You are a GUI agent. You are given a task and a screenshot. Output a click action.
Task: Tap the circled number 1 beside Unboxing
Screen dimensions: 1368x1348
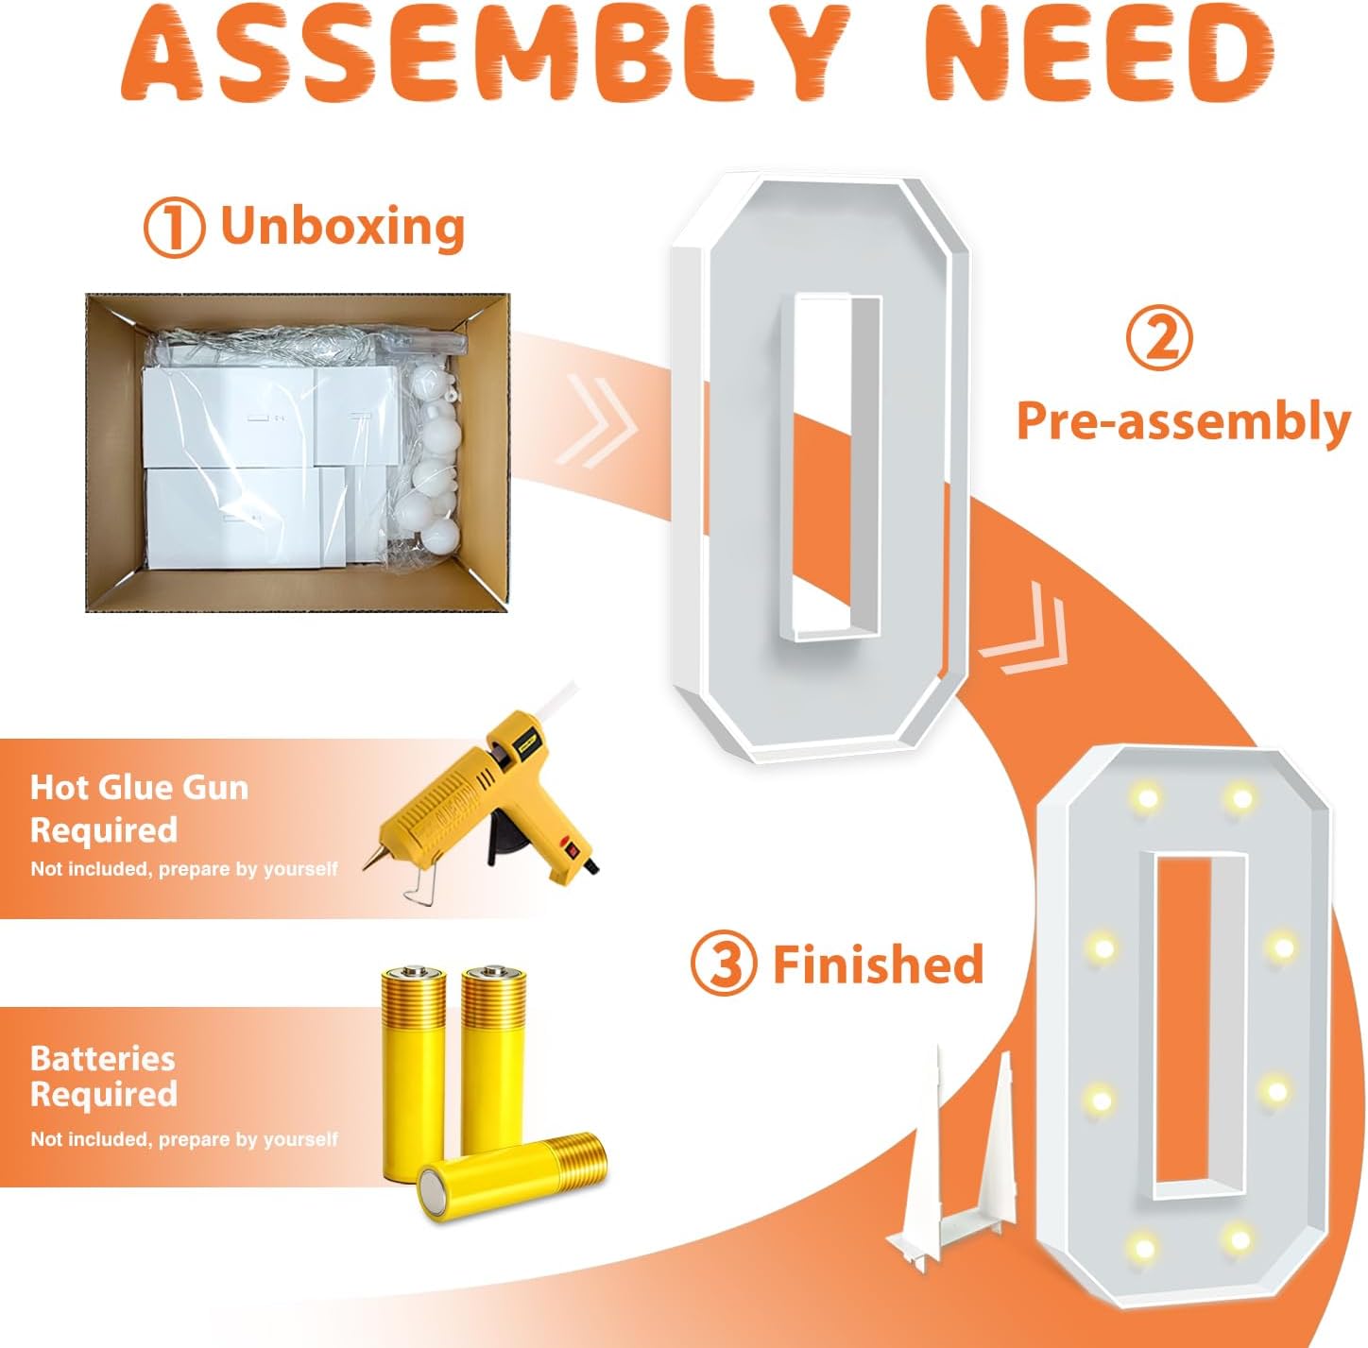pyautogui.click(x=174, y=227)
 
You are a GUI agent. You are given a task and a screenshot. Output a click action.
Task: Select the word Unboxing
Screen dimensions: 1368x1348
pyautogui.click(x=343, y=226)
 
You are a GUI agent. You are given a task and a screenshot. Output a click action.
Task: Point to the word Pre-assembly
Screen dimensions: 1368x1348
pyautogui.click(x=1183, y=421)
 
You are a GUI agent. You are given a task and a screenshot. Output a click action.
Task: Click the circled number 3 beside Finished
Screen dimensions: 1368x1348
pyautogui.click(x=723, y=964)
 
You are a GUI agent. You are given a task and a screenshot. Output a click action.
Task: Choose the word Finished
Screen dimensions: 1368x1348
pyautogui.click(x=879, y=964)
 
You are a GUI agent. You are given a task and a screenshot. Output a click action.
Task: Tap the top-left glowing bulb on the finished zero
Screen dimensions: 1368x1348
pyautogui.click(x=1145, y=797)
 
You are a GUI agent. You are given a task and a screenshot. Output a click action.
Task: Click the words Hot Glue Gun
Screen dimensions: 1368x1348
pyautogui.click(x=139, y=788)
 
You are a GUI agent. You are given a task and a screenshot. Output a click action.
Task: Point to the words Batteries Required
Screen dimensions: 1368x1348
pyautogui.click(x=104, y=1076)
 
